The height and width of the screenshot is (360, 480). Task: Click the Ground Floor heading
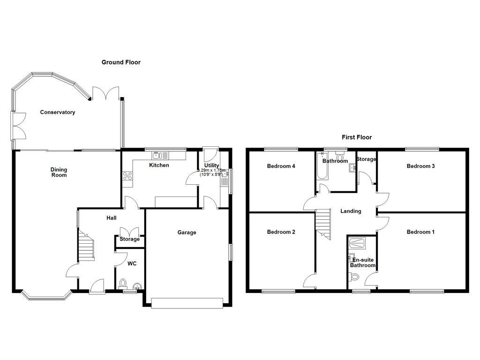point(121,62)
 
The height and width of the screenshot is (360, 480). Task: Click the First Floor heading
point(356,137)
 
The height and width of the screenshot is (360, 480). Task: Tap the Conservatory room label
point(58,112)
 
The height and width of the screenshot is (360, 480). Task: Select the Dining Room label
point(59,172)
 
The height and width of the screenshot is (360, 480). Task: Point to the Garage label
point(187,232)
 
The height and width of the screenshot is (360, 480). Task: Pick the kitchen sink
point(157,156)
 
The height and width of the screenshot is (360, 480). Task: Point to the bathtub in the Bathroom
point(322,168)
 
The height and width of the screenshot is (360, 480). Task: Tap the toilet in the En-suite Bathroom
point(354,277)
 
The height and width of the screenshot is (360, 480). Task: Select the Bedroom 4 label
point(281,166)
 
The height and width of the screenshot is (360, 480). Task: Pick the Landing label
point(351,211)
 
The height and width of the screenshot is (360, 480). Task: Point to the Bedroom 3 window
point(422,150)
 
